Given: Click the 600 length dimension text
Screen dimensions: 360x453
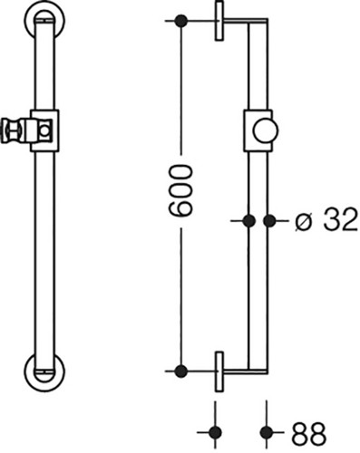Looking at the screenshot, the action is click(180, 191).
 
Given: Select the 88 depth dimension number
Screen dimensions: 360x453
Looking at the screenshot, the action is click(308, 433).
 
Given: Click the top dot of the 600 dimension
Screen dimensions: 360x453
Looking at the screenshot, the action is click(181, 21).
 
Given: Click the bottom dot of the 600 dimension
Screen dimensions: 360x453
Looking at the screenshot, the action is click(181, 371).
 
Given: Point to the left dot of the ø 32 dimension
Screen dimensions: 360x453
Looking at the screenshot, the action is click(249, 221).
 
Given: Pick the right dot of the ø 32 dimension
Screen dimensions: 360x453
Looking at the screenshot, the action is click(269, 221).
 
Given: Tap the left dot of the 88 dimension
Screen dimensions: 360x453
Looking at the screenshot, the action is click(215, 432).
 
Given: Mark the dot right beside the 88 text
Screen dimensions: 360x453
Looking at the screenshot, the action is click(267, 432).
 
